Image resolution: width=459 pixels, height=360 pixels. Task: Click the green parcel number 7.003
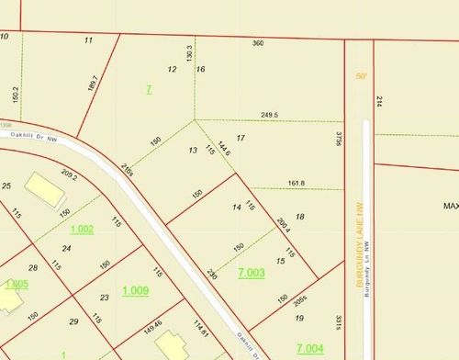[251, 273]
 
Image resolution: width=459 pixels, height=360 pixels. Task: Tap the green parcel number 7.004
[309, 348]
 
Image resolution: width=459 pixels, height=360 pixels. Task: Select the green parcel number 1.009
[135, 290]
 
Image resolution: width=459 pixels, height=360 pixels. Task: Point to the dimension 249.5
[269, 115]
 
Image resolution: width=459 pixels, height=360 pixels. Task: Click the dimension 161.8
[297, 184]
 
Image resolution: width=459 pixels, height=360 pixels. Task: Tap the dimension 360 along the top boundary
[258, 42]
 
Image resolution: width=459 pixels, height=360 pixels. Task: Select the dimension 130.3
[189, 54]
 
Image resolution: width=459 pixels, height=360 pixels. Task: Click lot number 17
[241, 138]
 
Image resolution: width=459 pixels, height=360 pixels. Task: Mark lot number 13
[193, 150]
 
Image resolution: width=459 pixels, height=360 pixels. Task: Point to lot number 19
[299, 318]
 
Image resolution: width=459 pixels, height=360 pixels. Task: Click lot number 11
[89, 40]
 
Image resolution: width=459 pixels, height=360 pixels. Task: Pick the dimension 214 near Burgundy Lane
[378, 104]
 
